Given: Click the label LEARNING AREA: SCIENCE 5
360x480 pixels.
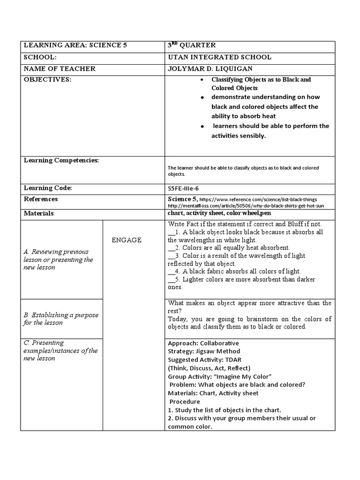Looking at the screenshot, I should coord(75,45).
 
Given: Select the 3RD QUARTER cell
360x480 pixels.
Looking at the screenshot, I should coord(192,45).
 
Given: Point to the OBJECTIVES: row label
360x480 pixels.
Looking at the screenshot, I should coord(47,80).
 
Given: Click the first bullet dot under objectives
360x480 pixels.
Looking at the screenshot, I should coord(202,80).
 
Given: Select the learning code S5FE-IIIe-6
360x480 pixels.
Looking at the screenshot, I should coord(187,188).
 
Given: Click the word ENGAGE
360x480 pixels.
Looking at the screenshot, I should coord(127,240).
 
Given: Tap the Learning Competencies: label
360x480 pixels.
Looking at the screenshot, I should coord(61,161).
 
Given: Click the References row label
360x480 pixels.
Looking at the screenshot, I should coord(41,199).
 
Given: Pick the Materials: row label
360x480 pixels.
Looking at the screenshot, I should coord(39,214).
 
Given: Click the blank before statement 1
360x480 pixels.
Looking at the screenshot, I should coord(172,232).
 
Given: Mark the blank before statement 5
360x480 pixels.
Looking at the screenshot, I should coord(172,279).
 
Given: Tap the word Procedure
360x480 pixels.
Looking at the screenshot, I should coord(185,402).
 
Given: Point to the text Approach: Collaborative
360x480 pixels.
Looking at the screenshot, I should coord(203,343).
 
